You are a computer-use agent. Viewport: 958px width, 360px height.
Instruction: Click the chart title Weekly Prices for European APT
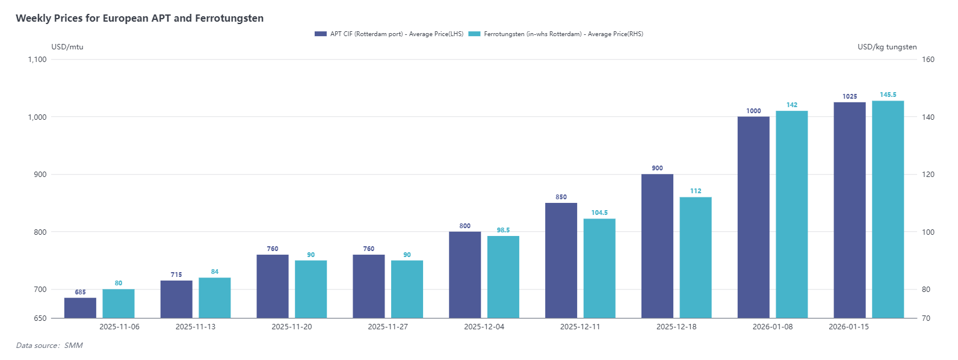click(140, 18)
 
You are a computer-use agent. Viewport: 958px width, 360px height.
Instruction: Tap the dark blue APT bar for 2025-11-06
click(80, 308)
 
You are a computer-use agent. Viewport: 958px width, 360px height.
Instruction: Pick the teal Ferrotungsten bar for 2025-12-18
click(696, 257)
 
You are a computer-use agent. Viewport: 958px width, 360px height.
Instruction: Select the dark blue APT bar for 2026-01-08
click(753, 217)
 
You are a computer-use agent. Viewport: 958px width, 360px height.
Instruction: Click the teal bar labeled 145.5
click(888, 209)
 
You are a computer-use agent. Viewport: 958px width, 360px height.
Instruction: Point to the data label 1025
click(850, 96)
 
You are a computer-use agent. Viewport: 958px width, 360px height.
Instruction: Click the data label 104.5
click(599, 213)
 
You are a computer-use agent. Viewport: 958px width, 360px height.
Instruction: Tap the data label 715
click(176, 275)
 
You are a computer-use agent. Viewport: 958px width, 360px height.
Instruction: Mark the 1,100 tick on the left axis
click(37, 59)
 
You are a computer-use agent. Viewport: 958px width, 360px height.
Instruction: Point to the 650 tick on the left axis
click(40, 318)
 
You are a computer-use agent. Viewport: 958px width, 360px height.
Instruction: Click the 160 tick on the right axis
click(928, 59)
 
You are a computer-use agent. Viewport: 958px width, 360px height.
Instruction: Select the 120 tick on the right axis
click(928, 175)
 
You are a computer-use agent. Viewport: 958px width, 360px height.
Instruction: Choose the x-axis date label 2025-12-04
click(484, 327)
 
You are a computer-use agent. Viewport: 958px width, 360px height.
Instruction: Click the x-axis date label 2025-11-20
click(292, 327)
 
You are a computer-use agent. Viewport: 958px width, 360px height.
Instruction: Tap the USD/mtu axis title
click(67, 47)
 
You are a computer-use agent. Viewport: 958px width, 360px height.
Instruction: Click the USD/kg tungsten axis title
click(887, 47)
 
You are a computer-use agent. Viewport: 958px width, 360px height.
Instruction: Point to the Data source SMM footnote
click(49, 346)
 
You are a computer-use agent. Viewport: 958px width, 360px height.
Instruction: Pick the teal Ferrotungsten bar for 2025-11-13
click(215, 297)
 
